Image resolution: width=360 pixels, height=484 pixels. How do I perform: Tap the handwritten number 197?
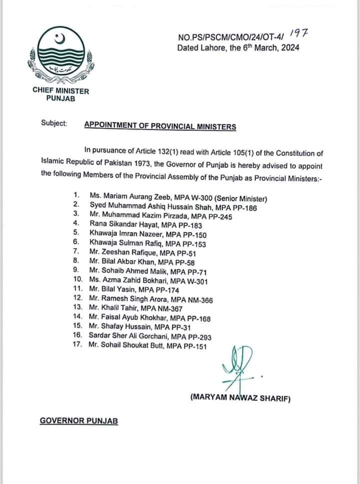pyautogui.click(x=299, y=34)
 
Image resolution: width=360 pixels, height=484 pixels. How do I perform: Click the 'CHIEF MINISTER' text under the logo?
pyautogui.click(x=60, y=90)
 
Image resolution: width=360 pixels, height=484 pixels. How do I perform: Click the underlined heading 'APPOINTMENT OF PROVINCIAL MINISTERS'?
pyautogui.click(x=160, y=126)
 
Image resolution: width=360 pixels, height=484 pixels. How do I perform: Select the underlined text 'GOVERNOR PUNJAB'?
pyautogui.click(x=79, y=421)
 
